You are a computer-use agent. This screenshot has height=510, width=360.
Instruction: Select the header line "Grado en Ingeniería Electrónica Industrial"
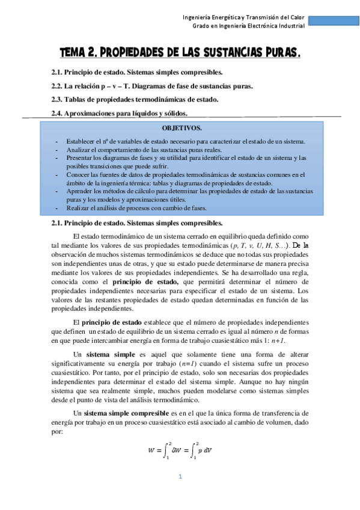click(248, 26)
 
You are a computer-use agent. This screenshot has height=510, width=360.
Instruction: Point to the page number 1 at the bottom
click(179, 477)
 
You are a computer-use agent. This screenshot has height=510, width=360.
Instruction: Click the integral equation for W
click(180, 449)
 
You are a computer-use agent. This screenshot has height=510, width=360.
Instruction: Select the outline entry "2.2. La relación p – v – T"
click(152, 85)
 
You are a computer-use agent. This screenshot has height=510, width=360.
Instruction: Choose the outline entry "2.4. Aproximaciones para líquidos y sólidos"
click(128, 112)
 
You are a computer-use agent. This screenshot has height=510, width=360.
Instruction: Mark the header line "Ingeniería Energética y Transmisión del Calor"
click(243, 17)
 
